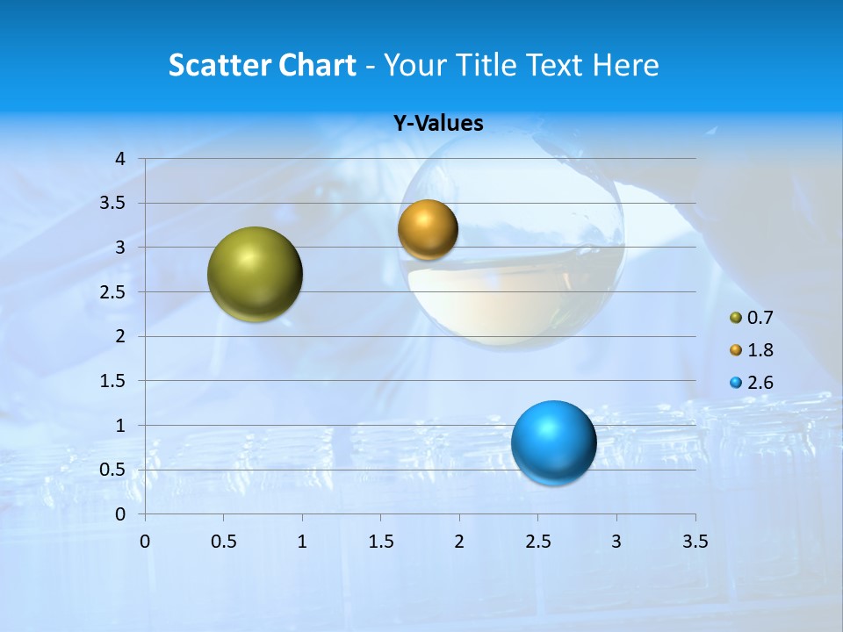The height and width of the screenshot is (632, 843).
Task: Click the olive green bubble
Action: (x=255, y=274)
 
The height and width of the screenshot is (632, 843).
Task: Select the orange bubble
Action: (x=428, y=230)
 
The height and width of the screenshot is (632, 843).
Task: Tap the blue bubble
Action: (x=553, y=442)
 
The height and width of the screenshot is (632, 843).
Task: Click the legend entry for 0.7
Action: (x=752, y=318)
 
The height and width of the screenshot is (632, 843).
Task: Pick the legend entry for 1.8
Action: (x=752, y=350)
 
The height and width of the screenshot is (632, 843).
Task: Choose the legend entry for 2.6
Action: (x=752, y=383)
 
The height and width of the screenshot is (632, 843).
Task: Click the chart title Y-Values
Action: (x=438, y=124)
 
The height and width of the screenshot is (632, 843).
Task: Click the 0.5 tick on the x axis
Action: (x=223, y=542)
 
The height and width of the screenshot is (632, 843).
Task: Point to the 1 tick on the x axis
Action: (x=302, y=542)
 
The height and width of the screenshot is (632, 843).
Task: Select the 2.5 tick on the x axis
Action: (x=537, y=542)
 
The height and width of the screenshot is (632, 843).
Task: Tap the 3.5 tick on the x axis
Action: (x=695, y=542)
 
